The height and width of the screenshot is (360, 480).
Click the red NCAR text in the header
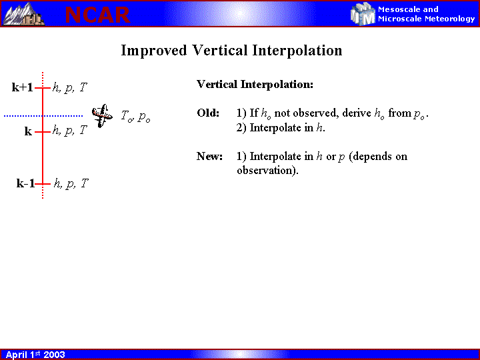[x=97, y=15]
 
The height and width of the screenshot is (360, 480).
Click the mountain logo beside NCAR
[x=23, y=14]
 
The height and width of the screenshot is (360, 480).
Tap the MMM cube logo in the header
[x=363, y=14]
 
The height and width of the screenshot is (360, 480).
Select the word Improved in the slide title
[x=154, y=51]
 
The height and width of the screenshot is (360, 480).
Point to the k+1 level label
[x=23, y=87]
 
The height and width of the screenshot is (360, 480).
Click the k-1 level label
[x=25, y=183]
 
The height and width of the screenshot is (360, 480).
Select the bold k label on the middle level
[x=28, y=131]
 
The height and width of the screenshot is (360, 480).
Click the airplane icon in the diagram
[x=102, y=116]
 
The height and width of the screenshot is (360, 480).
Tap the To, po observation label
[x=135, y=116]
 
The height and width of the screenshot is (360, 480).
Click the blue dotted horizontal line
[x=43, y=116]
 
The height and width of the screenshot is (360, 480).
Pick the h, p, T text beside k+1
[x=70, y=87]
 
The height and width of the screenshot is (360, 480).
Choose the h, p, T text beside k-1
[x=71, y=184]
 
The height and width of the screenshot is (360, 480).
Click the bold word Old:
[x=208, y=113]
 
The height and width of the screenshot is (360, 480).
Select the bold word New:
[x=210, y=157]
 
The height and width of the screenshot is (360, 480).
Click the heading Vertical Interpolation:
[x=255, y=84]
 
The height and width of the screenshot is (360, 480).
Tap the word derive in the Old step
[x=357, y=113]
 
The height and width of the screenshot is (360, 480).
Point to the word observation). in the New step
[x=267, y=171]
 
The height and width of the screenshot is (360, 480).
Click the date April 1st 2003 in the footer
[x=35, y=355]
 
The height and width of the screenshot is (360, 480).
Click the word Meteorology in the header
[x=450, y=19]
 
